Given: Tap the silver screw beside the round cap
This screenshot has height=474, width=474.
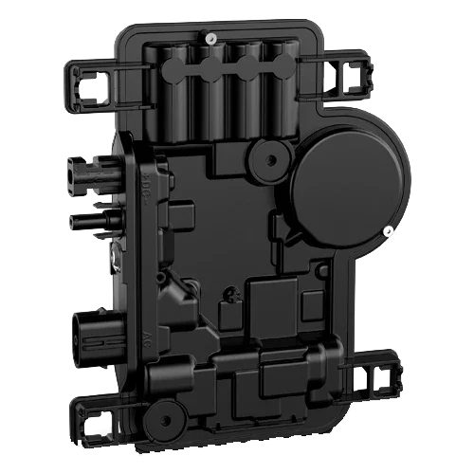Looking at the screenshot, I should pyautogui.click(x=388, y=229).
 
